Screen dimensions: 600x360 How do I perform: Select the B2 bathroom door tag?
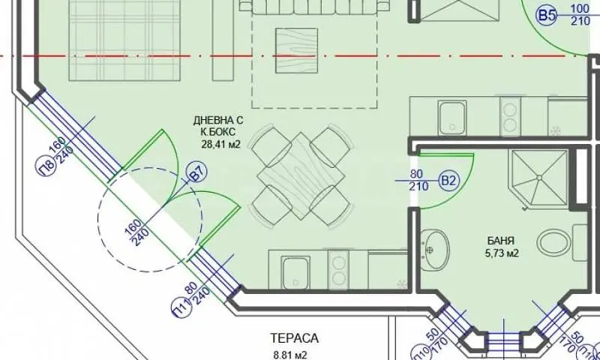[x=448, y=180]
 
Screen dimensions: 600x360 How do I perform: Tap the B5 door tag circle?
[x=547, y=15]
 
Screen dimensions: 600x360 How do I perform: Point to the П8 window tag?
[x=48, y=166]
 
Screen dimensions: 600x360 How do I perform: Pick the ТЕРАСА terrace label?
[x=294, y=338]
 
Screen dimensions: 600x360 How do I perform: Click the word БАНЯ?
[x=501, y=241]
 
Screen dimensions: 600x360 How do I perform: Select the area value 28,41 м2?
[x=220, y=144]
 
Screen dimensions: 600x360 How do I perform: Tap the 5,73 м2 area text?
[x=502, y=253]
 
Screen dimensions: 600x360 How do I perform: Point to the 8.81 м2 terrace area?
[x=290, y=355]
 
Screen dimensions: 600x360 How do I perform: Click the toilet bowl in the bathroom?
[x=553, y=242]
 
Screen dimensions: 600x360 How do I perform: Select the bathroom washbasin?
[x=435, y=250]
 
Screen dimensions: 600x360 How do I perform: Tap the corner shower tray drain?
[x=539, y=178]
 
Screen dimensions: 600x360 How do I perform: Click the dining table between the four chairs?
[x=301, y=176]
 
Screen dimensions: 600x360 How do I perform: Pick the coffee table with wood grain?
[x=296, y=50]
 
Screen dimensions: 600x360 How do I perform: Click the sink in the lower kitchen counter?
[x=295, y=272]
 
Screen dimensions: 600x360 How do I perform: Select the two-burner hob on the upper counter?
[x=510, y=116]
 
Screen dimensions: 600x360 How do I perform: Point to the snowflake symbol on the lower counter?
[x=401, y=283]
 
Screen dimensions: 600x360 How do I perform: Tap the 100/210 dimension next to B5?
[x=580, y=14]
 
